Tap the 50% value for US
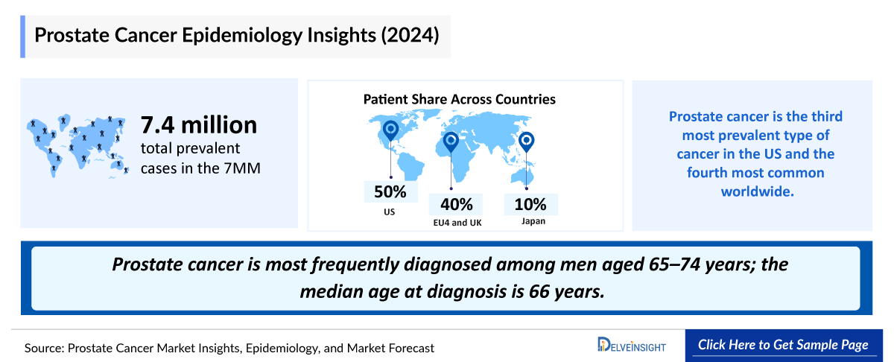[390, 191]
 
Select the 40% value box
[456, 204]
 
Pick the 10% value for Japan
[530, 204]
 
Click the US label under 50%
[390, 212]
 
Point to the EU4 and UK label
[456, 223]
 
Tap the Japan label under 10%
[530, 220]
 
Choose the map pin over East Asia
[527, 141]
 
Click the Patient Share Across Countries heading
[459, 99]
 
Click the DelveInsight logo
[632, 345]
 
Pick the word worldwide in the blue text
[752, 191]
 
